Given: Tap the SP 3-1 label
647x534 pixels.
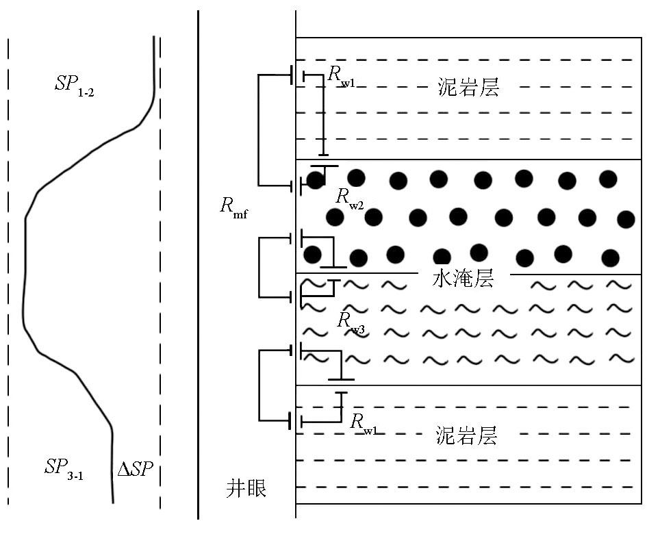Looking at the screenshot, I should (x=64, y=469).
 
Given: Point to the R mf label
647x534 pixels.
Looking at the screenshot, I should (x=233, y=207).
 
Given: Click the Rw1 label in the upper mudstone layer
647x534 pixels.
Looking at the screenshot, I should (x=341, y=76).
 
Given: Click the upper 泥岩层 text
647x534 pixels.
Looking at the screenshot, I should (x=467, y=88).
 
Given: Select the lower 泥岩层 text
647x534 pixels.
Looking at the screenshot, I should (x=466, y=435).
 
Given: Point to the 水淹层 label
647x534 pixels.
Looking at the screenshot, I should (x=464, y=279).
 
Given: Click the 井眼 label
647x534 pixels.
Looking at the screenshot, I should (x=246, y=489).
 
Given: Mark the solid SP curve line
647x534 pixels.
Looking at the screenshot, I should (x=25, y=274).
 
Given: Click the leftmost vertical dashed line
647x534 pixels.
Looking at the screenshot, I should (x=8, y=274).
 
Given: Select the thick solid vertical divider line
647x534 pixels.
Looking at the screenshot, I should (x=199, y=274).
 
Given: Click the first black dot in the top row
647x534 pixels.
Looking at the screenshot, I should (x=316, y=180).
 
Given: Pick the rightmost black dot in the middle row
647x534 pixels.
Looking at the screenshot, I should (x=626, y=219).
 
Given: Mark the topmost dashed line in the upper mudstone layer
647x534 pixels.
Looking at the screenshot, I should (x=466, y=60).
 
